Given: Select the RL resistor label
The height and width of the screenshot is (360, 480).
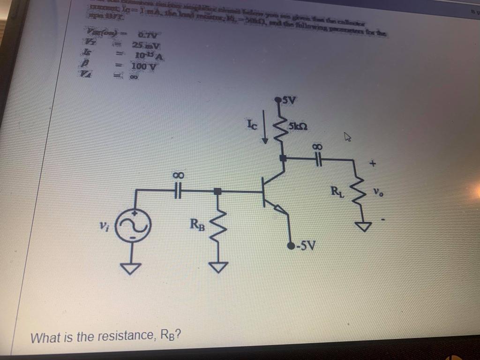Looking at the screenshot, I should coord(337,191).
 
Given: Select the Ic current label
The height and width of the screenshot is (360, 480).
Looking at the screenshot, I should coord(251,124).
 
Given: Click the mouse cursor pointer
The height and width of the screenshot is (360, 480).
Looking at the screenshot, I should coord(348,137).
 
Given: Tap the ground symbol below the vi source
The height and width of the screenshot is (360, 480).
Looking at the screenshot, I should coord(132,269).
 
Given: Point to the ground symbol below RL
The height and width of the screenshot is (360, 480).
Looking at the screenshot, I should coord(361,227).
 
